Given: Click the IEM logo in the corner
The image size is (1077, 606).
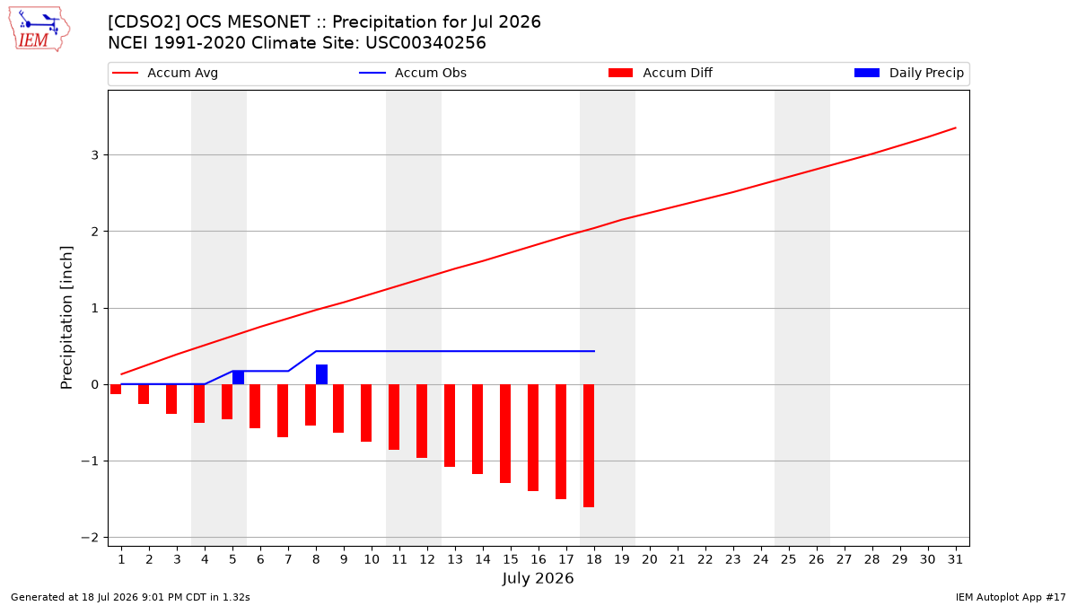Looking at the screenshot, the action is coord(39,29).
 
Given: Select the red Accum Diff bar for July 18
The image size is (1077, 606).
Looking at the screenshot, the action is coord(589,446).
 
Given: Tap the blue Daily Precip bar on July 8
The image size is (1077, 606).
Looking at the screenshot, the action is coord(321,374).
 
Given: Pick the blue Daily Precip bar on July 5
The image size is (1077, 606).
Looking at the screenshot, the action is coord(238,378).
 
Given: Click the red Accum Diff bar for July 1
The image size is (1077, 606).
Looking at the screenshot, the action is coord(116,389).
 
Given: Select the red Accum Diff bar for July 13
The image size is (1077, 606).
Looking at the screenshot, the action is coord(450,426).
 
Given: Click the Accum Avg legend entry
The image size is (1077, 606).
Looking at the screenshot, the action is coord(165,73).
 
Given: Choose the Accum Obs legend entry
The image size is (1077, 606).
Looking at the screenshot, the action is coord(413,73).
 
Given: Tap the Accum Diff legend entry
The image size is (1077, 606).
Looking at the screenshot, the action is coord(661,73).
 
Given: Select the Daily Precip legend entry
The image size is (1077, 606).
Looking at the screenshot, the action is coord(908,73).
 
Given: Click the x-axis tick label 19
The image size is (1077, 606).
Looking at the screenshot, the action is coord(622,559).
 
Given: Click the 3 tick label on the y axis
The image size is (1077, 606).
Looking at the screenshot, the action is coord(95,154).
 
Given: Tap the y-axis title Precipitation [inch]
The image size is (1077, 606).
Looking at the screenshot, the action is coord(66,318).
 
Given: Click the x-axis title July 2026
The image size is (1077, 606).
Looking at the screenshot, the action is coord(538,578).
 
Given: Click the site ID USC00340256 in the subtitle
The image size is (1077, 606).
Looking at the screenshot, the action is coord(425,43).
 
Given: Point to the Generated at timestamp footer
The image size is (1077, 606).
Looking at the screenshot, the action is coord(130,597).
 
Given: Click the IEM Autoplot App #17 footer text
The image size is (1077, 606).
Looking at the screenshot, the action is coord(1011,597).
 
